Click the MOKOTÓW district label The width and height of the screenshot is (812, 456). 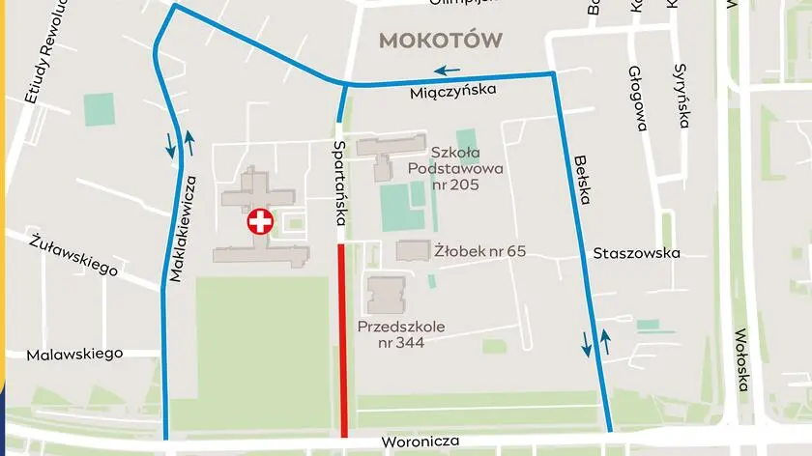[x=442, y=40]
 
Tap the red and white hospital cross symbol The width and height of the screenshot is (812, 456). [x=260, y=221]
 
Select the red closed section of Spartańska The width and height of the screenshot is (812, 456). [x=343, y=338]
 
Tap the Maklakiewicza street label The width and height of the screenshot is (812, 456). [x=183, y=228]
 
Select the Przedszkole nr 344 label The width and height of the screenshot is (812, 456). [x=401, y=334]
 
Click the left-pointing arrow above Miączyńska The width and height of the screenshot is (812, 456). [x=446, y=70]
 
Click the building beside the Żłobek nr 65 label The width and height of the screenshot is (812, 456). [x=414, y=250]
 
